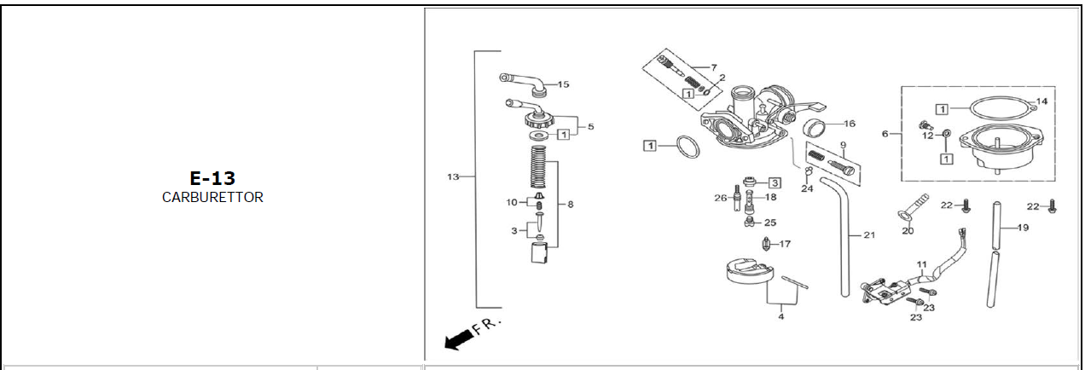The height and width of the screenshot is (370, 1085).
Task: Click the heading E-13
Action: [x=212, y=178]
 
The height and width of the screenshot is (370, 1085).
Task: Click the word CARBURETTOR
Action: [x=212, y=198]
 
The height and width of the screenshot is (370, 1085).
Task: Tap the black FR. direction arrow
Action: [x=458, y=339]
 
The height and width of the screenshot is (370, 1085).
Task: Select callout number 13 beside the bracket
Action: [x=453, y=176]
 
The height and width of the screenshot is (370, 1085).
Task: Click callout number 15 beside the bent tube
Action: [x=563, y=84]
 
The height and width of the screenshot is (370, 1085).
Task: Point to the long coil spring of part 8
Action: [x=537, y=168]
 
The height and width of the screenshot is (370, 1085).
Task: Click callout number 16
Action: [x=850, y=124]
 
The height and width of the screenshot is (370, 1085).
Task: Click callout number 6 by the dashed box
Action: [x=885, y=134]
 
